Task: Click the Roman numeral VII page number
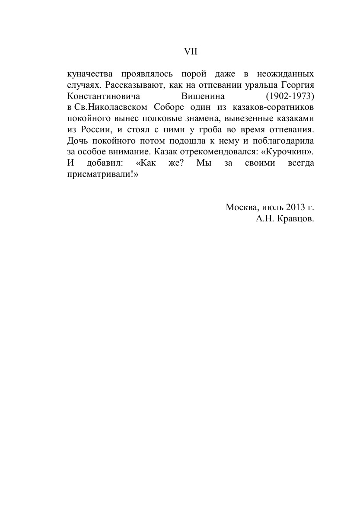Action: (191, 51)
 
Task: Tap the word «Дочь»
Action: (77, 140)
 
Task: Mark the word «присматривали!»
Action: (100, 174)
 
